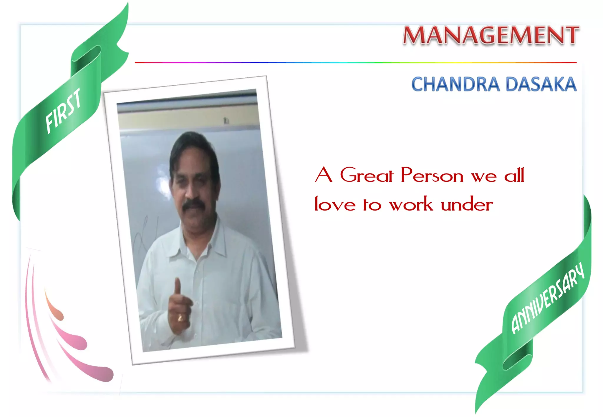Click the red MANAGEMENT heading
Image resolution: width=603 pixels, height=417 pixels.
click(x=491, y=35)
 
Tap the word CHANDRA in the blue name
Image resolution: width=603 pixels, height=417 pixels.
click(x=455, y=84)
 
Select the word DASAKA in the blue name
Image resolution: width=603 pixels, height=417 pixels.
click(x=541, y=84)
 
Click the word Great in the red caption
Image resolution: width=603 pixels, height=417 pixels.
click(x=367, y=175)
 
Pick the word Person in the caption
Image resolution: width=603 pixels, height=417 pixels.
click(x=432, y=175)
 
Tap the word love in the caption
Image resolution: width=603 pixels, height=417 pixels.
click(x=335, y=204)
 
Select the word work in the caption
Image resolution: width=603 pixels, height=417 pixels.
click(x=411, y=204)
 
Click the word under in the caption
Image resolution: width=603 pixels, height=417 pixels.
click(x=467, y=204)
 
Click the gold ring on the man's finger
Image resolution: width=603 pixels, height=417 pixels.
click(x=180, y=318)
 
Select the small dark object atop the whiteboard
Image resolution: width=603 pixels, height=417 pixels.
click(x=226, y=121)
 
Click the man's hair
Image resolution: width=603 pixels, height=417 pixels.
click(x=191, y=144)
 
